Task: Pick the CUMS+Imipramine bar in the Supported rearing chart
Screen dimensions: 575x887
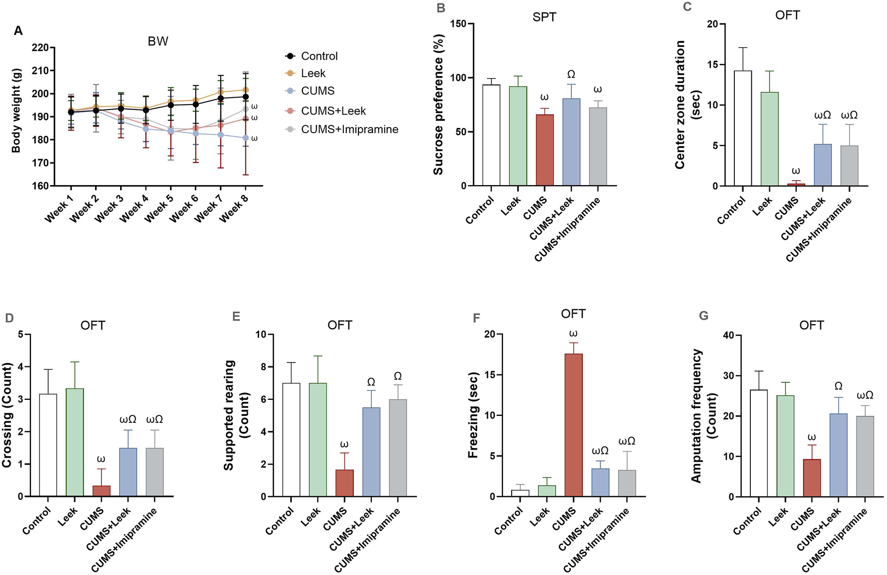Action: [397, 447]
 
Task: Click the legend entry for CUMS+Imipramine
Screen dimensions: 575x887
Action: [349, 130]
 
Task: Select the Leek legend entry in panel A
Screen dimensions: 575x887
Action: [313, 74]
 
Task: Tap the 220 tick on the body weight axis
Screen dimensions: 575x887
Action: [40, 48]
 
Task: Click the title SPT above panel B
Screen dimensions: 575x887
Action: [544, 17]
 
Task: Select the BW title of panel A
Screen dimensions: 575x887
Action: [158, 42]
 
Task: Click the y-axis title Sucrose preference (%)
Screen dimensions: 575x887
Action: [438, 105]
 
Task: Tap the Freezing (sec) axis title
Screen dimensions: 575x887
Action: [473, 415]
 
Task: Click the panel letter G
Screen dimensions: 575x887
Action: [703, 316]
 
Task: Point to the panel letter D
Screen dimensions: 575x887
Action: [9, 318]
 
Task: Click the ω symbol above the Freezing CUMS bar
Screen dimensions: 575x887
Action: [573, 333]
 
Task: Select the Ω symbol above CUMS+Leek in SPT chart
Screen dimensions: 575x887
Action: [571, 75]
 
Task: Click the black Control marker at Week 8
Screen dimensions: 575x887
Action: [245, 97]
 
